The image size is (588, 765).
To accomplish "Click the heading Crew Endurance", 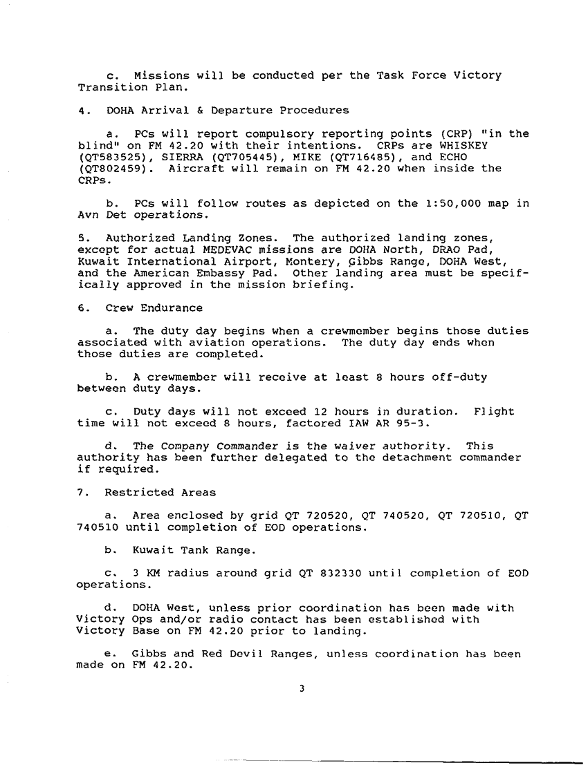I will pyautogui.click(x=154, y=308).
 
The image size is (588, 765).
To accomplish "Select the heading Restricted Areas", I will pyautogui.click(x=160, y=493).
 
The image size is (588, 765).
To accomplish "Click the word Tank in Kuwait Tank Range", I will pyautogui.click(x=191, y=550).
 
